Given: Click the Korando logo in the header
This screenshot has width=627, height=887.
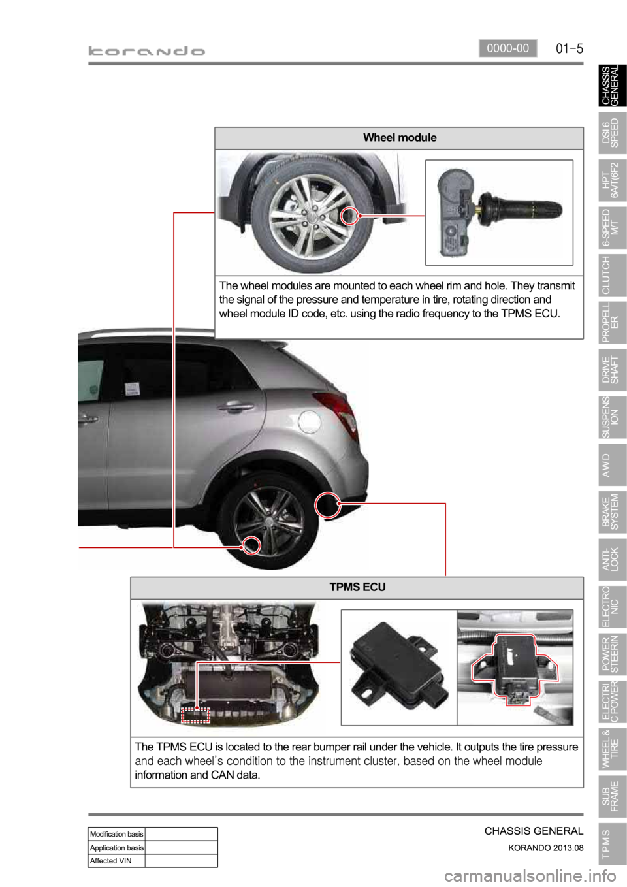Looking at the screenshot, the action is coord(146,51).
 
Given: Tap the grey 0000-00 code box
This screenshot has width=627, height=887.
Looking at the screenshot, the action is coord(508,48).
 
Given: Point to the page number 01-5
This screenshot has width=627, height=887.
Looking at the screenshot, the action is coord(570,49).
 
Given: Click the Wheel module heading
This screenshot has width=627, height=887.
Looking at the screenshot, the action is coord(400,137).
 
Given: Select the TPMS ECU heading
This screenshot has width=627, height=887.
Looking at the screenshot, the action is coord(357,587).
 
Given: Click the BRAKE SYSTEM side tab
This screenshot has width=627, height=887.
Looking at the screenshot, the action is coord(613,511).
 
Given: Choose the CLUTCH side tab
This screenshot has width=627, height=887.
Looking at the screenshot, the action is coord(613,275).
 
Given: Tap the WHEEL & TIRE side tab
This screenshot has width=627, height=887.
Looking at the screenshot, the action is coord(613,749).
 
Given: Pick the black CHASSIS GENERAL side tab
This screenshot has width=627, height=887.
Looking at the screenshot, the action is coord(613,86).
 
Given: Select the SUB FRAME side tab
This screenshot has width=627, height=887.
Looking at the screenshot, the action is coord(613,796).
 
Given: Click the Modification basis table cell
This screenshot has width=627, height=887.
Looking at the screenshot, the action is coord(116,834).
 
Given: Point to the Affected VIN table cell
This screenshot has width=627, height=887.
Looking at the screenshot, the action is coord(116,860).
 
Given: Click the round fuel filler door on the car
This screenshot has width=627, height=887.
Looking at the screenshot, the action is coord(309,422).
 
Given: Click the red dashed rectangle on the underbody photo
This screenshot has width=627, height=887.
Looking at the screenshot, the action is coord(195,715).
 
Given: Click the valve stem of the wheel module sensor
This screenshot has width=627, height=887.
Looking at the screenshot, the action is coord(522,208).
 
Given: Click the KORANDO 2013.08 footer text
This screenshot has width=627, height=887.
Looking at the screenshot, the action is coord(546,848).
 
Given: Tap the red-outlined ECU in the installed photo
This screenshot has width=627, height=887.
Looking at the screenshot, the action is coord(514,668).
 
